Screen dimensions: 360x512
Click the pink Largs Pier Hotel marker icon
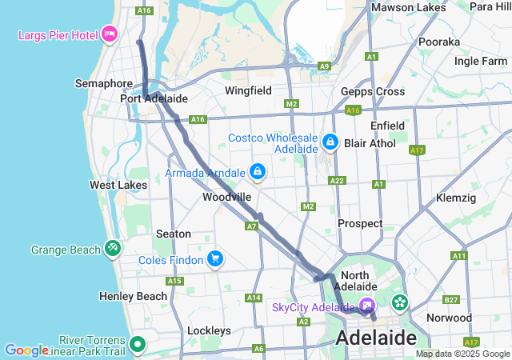point(110,34)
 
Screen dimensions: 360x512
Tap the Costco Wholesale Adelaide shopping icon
point(330,142)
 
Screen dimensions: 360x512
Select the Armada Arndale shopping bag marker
point(258,170)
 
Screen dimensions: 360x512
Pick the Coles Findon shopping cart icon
point(214,258)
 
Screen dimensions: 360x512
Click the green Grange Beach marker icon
point(113,249)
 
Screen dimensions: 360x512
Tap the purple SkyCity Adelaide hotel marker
point(367,305)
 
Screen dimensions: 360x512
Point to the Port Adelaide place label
point(154,98)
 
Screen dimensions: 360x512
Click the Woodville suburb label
point(226,197)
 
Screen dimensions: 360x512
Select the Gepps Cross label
point(372,91)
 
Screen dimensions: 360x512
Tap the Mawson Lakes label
point(408,8)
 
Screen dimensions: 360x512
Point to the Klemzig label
point(457,198)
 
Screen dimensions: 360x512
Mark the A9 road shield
point(323,66)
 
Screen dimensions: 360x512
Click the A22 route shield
point(337,181)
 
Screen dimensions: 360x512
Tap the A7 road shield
point(252,226)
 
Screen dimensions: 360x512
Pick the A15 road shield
point(174,281)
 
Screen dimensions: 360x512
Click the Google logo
point(26,350)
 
